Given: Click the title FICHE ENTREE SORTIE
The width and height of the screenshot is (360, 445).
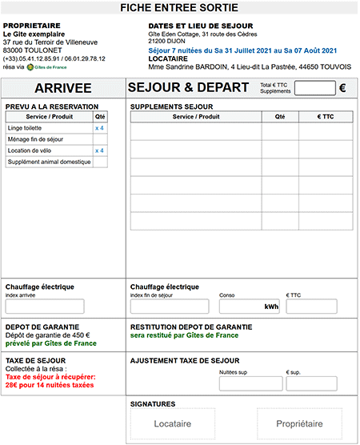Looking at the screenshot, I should pyautogui.click(x=179, y=8).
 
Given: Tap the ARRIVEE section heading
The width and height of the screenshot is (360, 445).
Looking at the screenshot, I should pyautogui.click(x=62, y=88).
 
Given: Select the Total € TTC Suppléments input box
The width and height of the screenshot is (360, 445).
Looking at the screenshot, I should pyautogui.click(x=314, y=88).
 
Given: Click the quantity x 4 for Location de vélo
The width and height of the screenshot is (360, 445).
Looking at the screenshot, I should pyautogui.click(x=100, y=150).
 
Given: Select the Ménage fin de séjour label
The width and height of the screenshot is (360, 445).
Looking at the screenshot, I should pyautogui.click(x=35, y=139).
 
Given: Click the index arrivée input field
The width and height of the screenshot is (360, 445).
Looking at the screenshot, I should pyautogui.click(x=45, y=307).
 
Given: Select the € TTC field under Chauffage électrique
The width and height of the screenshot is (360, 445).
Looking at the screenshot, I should pyautogui.click(x=310, y=307).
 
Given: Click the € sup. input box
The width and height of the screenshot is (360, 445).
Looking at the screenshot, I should pyautogui.click(x=310, y=383).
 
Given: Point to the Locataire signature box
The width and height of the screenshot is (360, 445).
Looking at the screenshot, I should pyautogui.click(x=173, y=423).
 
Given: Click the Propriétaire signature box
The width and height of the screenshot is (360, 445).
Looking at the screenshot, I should pyautogui.click(x=298, y=423).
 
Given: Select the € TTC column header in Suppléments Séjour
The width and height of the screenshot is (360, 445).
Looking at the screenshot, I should pyautogui.click(x=325, y=117).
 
